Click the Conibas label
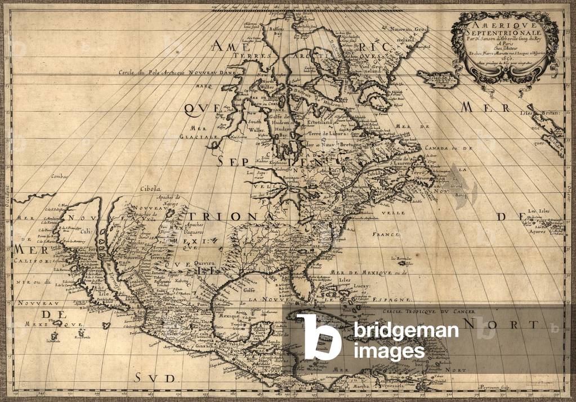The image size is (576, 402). pos(59,176)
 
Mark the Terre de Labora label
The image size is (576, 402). pos(327,134)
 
